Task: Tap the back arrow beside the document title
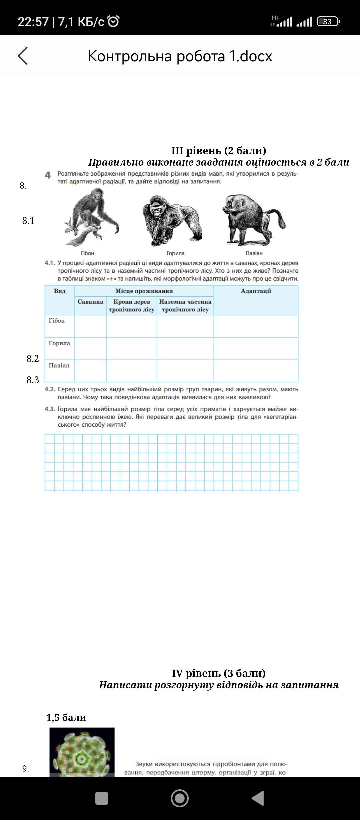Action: (x=23, y=56)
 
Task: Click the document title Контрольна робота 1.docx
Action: (x=180, y=56)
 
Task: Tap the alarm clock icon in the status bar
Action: (x=114, y=21)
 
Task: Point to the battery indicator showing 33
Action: (x=328, y=22)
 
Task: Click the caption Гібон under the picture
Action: (x=87, y=253)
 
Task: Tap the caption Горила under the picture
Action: (x=175, y=253)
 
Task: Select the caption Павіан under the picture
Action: (x=254, y=253)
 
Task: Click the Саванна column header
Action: (x=90, y=302)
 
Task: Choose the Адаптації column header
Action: (x=256, y=291)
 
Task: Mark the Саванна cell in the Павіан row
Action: (x=90, y=371)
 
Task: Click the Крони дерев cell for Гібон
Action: (x=132, y=326)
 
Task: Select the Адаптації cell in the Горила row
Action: (x=256, y=348)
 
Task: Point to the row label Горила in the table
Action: (x=59, y=343)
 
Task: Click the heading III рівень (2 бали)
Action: (x=219, y=151)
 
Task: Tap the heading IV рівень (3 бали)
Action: (x=219, y=673)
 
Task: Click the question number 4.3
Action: (x=50, y=409)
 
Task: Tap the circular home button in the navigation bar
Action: (x=180, y=798)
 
